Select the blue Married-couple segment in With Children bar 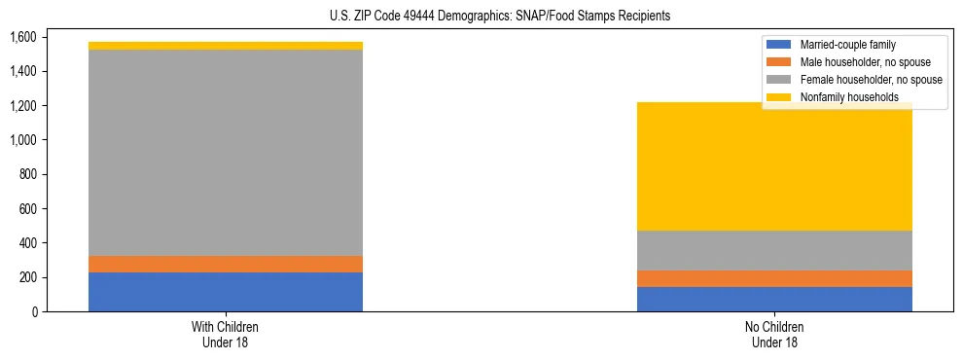226,292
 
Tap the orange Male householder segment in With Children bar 226,264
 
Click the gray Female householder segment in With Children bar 226,153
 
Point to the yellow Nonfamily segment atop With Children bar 226,46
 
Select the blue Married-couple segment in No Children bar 774,299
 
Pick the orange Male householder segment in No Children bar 774,278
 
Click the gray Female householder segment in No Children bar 774,250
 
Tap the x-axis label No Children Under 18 775,334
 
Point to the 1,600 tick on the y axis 22,37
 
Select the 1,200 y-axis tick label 22,106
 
